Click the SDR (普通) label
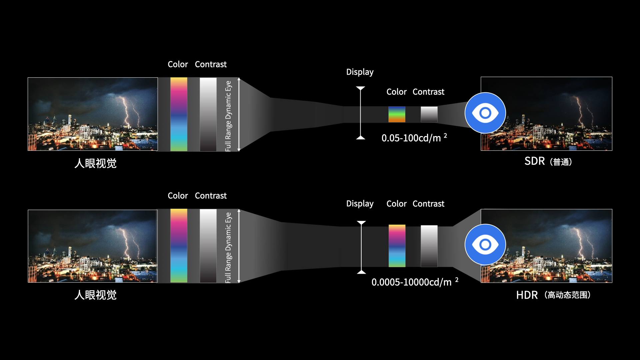tap(548, 162)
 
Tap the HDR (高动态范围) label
tap(554, 295)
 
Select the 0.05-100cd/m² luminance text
tap(414, 138)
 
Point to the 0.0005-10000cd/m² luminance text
tap(415, 282)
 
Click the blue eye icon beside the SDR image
tap(485, 113)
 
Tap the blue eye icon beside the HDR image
tap(485, 245)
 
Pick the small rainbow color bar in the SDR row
tap(397, 114)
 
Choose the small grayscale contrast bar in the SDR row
tap(429, 114)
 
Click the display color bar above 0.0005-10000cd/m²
tap(397, 246)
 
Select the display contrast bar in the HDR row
tap(429, 246)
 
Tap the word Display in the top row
tap(360, 72)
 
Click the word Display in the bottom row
tap(360, 204)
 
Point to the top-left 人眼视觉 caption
tap(96, 163)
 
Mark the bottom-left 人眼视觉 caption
tap(96, 295)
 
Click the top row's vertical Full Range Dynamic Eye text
tap(228, 116)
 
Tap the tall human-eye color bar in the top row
tap(179, 114)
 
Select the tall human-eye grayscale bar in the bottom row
tap(208, 246)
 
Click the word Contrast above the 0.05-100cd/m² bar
tap(429, 92)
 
